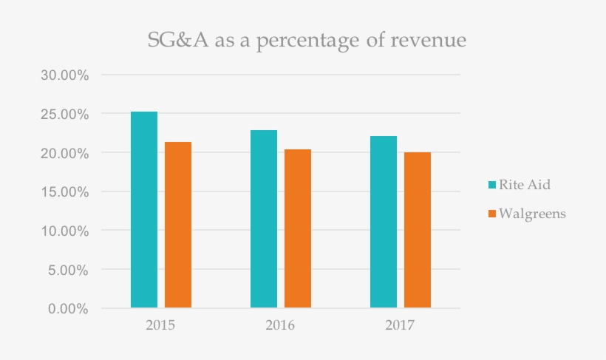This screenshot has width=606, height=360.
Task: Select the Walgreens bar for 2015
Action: click(178, 225)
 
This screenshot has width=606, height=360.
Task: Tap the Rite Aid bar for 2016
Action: click(264, 219)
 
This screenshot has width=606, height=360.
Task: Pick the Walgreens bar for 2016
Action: click(298, 228)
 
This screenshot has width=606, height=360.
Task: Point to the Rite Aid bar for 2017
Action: click(384, 222)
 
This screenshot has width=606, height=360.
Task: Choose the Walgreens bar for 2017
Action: click(418, 230)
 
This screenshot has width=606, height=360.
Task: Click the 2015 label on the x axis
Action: click(161, 325)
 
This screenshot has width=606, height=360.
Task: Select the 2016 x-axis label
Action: click(281, 325)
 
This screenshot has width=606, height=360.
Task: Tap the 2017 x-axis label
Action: click(401, 325)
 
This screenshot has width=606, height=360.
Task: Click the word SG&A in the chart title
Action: click(172, 41)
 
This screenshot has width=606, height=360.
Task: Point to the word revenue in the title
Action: click(429, 41)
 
